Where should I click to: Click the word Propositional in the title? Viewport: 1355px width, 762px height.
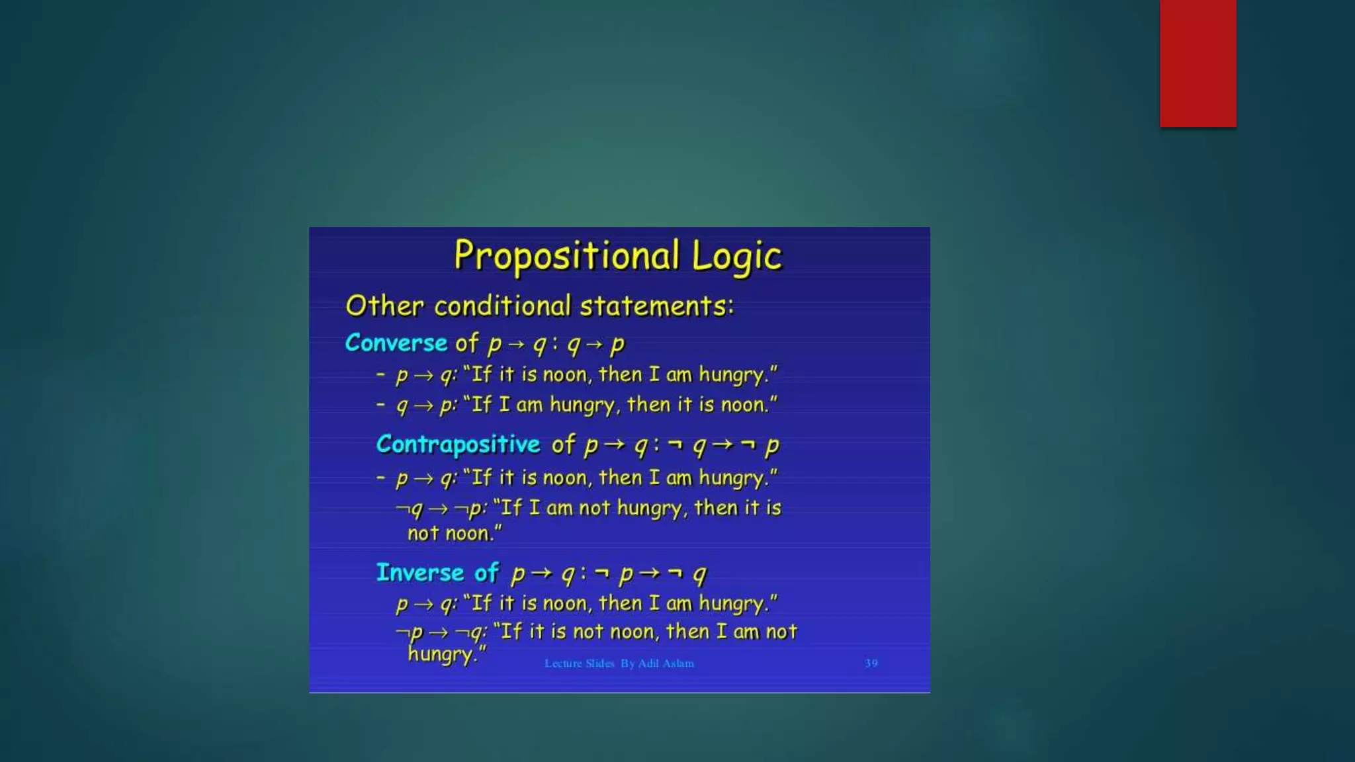tap(566, 257)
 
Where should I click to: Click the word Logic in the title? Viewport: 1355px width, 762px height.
tap(736, 257)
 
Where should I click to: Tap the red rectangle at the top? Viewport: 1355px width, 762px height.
tap(1198, 63)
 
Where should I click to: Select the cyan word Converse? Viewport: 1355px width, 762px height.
tap(396, 343)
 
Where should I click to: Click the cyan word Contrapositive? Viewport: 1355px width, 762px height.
tap(458, 444)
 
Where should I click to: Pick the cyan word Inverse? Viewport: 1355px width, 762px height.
tap(419, 572)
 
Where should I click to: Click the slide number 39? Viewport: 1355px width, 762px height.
tap(871, 663)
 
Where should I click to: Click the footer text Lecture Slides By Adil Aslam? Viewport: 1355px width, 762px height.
tap(619, 663)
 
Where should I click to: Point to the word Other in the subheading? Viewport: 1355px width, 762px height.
tap(384, 306)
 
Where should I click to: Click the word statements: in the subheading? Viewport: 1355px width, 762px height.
tap(657, 306)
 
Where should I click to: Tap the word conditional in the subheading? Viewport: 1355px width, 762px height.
tap(502, 306)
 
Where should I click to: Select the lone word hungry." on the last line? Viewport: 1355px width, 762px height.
tap(447, 654)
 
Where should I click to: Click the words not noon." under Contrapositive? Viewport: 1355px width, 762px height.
tap(455, 533)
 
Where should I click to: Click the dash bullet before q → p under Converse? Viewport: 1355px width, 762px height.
tap(380, 403)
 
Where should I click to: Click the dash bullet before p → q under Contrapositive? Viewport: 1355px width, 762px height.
tap(380, 477)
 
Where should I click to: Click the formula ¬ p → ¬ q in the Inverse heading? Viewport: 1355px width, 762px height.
tap(651, 573)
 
